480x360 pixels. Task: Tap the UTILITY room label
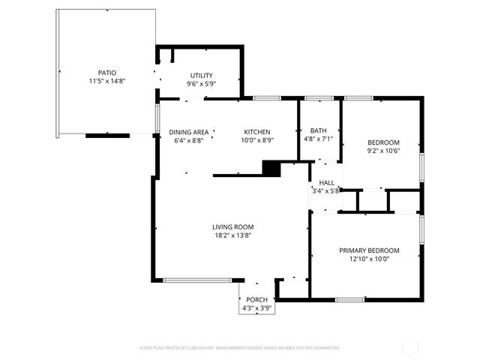tap(201, 76)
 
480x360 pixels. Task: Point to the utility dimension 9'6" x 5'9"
tap(201, 84)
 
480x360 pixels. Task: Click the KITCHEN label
tap(256, 131)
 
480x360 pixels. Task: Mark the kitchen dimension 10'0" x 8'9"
tap(256, 139)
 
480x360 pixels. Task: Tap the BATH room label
tap(319, 130)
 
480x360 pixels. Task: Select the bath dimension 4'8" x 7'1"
tap(319, 139)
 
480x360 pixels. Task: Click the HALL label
tap(327, 182)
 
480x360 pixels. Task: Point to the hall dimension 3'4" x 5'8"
tap(326, 190)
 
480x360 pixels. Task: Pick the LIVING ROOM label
tap(232, 226)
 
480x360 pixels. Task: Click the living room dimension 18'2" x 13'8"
tap(232, 235)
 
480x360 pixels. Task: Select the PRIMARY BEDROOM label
tap(369, 250)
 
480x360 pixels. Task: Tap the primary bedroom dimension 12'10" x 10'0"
tap(369, 259)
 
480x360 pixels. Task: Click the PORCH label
tap(256, 300)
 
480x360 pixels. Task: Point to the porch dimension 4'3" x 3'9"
tap(256, 308)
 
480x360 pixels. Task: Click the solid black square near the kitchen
tap(271, 169)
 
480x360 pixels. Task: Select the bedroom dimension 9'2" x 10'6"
tap(382, 151)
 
